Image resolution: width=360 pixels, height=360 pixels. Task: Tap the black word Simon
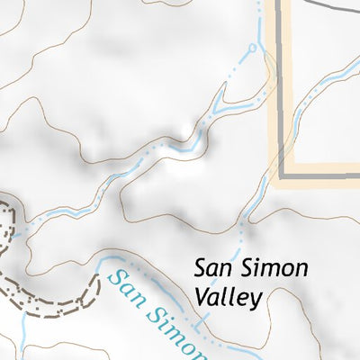274,269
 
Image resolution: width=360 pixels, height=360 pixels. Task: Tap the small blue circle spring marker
253,48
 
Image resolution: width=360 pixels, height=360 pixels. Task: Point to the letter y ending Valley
257,301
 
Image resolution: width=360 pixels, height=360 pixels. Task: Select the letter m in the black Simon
269,270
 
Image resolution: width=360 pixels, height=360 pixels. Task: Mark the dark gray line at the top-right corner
346,4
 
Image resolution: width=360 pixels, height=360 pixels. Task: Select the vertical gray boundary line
279,90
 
